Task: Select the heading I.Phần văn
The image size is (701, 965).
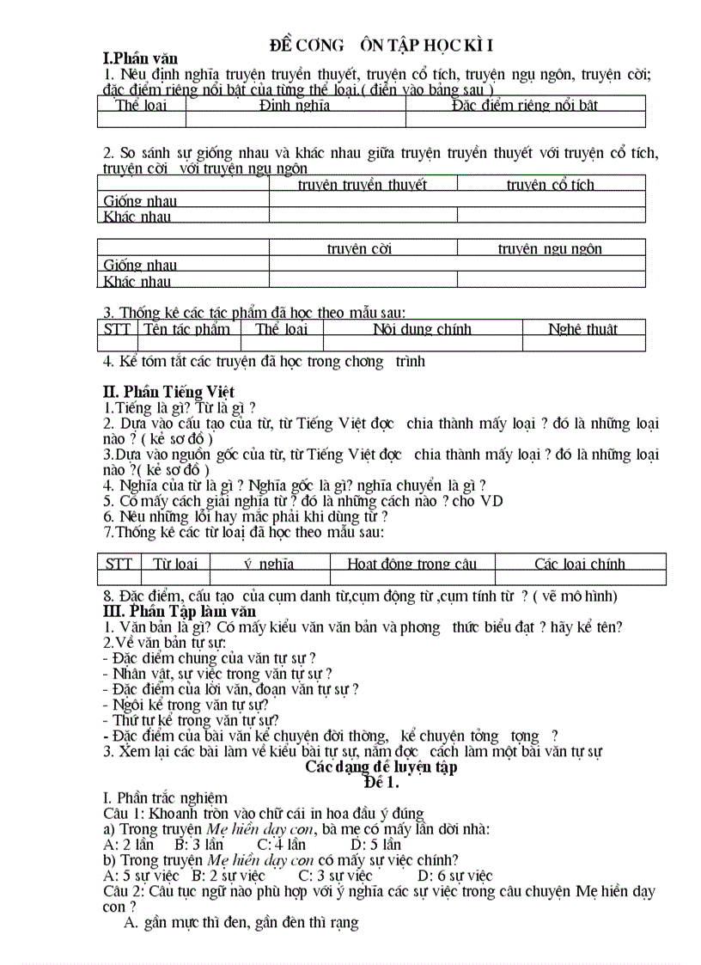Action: [x=140, y=58]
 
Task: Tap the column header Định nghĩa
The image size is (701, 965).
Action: [x=295, y=106]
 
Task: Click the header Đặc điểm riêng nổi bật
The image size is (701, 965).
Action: [x=524, y=106]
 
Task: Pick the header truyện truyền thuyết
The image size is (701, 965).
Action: [x=363, y=185]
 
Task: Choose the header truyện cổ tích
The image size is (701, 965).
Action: [x=550, y=185]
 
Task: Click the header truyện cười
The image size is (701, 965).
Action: [x=359, y=249]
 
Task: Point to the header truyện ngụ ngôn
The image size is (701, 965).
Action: [x=550, y=249]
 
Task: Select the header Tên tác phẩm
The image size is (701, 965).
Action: [x=186, y=329]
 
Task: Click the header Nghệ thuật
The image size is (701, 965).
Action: [x=582, y=329]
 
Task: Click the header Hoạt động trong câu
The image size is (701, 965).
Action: [x=411, y=565]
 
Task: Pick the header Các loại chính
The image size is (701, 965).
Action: [x=580, y=565]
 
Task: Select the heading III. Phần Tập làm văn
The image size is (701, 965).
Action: [x=180, y=611]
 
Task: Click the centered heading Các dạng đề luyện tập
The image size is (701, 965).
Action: [x=381, y=767]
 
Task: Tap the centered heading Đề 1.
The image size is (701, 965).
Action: [x=381, y=782]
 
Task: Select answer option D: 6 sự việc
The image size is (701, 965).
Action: [x=455, y=876]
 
